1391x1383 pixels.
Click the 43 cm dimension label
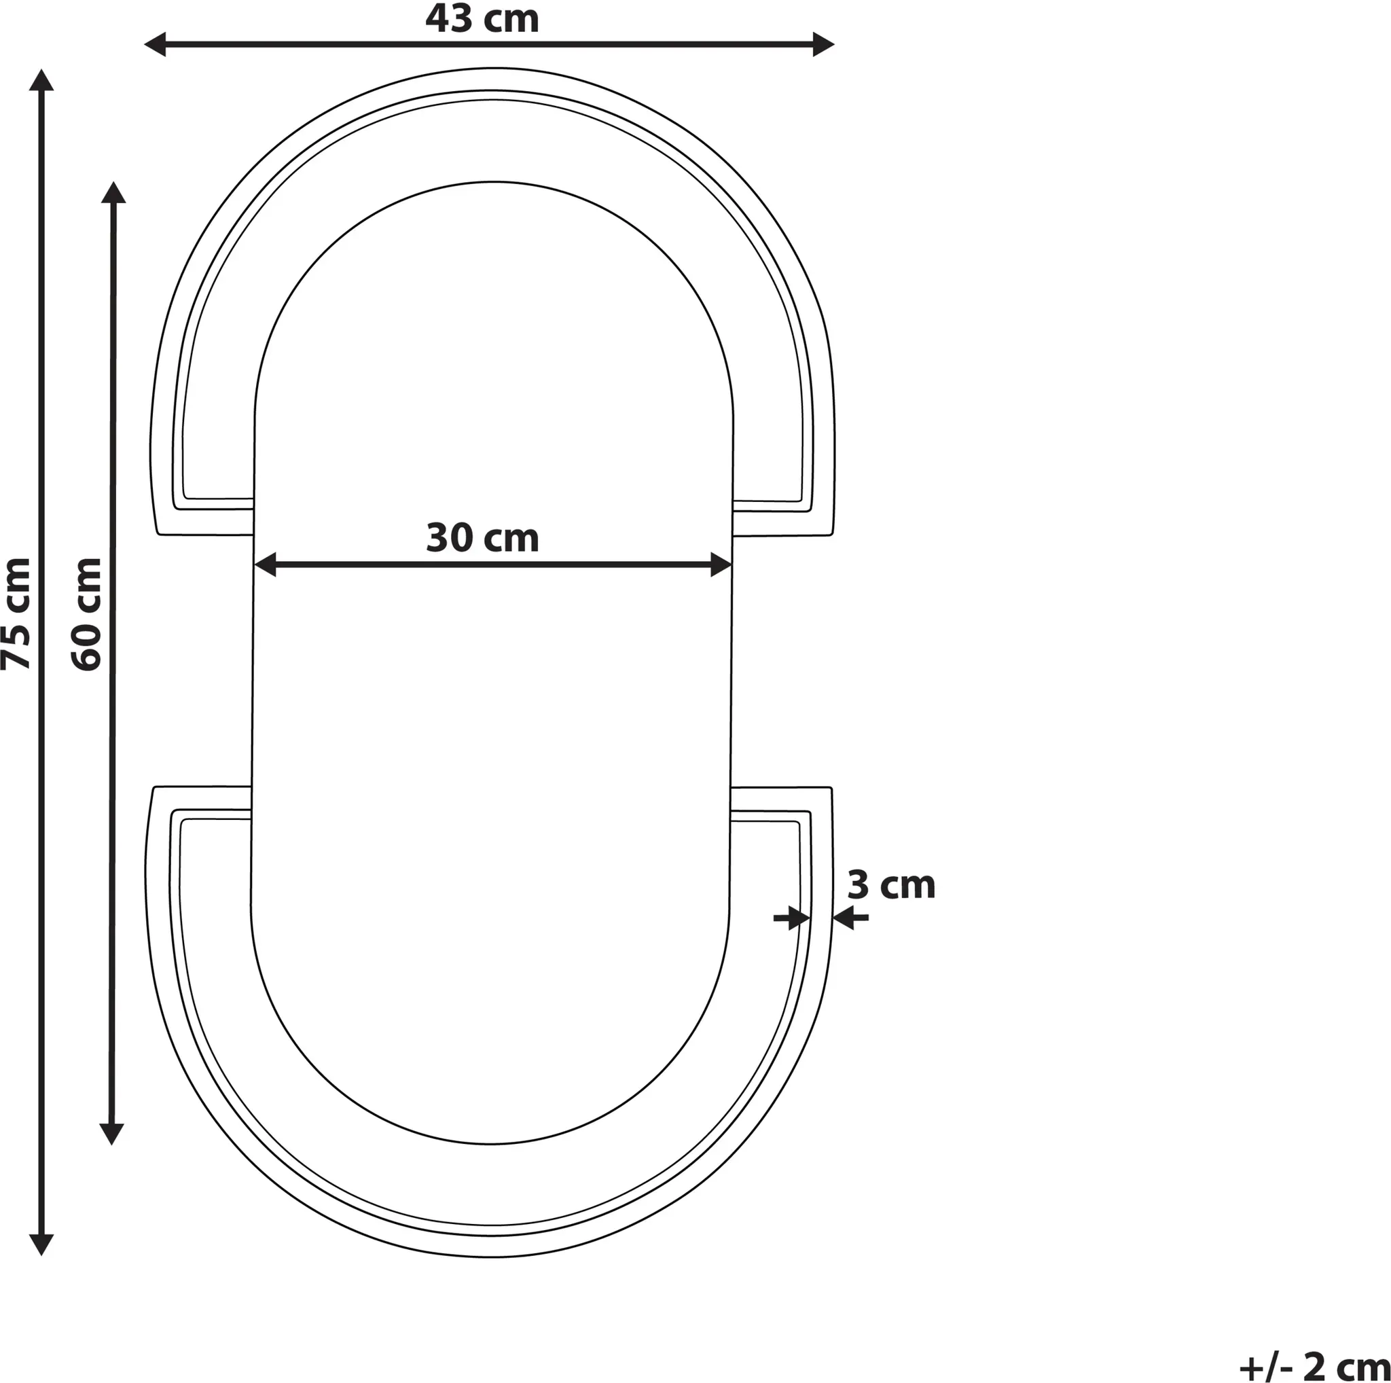click(482, 20)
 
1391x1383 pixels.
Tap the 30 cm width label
click(482, 539)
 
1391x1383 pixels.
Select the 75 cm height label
click(16, 613)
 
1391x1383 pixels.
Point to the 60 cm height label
click(87, 614)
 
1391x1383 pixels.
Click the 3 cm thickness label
click(891, 885)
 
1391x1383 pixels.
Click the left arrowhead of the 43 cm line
click(155, 45)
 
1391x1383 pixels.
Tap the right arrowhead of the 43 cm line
click(824, 45)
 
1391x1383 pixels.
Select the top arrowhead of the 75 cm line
click(41, 80)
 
